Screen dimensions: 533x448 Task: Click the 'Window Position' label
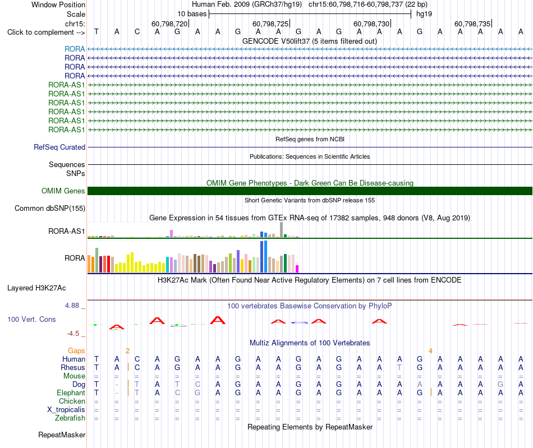58,4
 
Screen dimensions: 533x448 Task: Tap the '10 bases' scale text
192,14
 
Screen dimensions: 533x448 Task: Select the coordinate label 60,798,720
169,24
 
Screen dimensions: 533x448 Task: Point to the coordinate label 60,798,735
472,24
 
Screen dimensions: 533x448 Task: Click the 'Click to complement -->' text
46,33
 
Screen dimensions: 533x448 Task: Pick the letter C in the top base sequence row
137,32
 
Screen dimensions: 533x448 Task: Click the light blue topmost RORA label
75,49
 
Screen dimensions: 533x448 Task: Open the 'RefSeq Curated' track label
59,147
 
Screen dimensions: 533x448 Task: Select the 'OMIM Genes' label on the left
63,191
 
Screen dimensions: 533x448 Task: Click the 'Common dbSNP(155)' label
50,208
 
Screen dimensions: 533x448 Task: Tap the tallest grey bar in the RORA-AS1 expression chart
282,229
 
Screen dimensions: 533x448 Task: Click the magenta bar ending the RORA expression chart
297,269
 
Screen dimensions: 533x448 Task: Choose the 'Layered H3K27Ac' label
36,288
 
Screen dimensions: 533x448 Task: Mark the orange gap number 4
430,351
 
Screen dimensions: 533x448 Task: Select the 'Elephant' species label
71,392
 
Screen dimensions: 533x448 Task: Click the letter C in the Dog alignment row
197,384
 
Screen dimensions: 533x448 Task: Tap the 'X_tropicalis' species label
66,410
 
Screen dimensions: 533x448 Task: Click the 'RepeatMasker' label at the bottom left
62,435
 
